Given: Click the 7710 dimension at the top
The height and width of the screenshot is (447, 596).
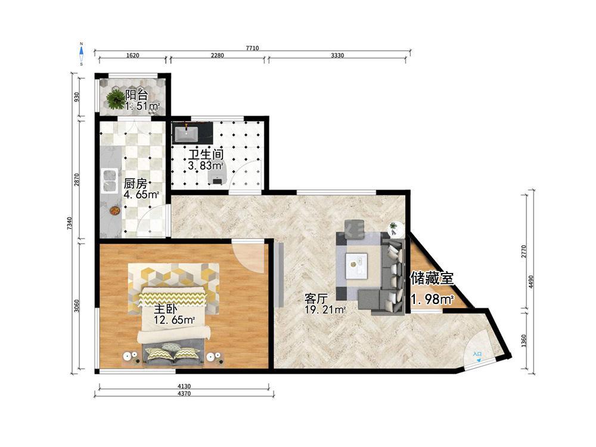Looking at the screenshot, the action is click(x=252, y=48).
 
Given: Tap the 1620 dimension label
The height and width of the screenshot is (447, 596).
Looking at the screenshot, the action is click(x=132, y=55).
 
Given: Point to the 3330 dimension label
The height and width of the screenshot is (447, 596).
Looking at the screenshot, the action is click(x=337, y=55).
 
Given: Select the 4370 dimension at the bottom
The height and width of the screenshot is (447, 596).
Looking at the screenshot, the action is click(x=184, y=393).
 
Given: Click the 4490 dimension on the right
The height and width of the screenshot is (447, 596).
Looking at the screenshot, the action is click(x=531, y=282).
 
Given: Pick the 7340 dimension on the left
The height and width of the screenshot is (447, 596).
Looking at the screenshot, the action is click(x=69, y=223).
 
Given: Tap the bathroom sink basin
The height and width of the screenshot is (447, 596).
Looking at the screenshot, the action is click(x=186, y=134).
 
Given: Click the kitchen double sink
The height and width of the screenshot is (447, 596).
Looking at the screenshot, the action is click(x=110, y=181).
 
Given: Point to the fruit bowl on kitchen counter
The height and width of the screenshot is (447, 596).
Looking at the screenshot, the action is click(x=114, y=210).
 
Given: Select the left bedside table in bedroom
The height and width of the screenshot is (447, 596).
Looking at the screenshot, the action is click(x=131, y=358).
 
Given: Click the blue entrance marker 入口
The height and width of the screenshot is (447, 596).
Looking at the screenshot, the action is click(x=477, y=355).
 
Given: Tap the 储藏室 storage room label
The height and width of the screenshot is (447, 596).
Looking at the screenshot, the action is click(x=432, y=278).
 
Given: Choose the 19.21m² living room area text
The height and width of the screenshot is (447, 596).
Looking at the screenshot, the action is click(x=325, y=309).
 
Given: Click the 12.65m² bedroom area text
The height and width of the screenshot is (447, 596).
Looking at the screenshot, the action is click(x=175, y=319).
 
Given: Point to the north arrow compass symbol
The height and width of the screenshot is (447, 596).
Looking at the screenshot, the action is click(x=81, y=54).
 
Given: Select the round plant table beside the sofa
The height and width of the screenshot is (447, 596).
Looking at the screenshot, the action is click(x=395, y=228).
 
